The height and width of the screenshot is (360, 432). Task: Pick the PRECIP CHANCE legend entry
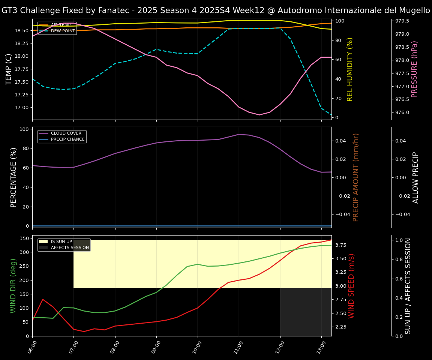(x=68, y=139)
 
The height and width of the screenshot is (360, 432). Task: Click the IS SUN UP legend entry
(x=64, y=241)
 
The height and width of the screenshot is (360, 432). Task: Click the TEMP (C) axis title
(x=9, y=69)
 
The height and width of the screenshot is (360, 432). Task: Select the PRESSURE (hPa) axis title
(x=414, y=69)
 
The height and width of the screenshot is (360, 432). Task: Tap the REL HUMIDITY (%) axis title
(x=350, y=69)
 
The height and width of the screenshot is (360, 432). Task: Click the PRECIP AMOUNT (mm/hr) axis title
(x=356, y=177)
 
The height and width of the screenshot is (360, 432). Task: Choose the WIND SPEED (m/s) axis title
(x=351, y=286)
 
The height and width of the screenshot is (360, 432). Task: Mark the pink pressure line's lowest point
(x=259, y=115)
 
